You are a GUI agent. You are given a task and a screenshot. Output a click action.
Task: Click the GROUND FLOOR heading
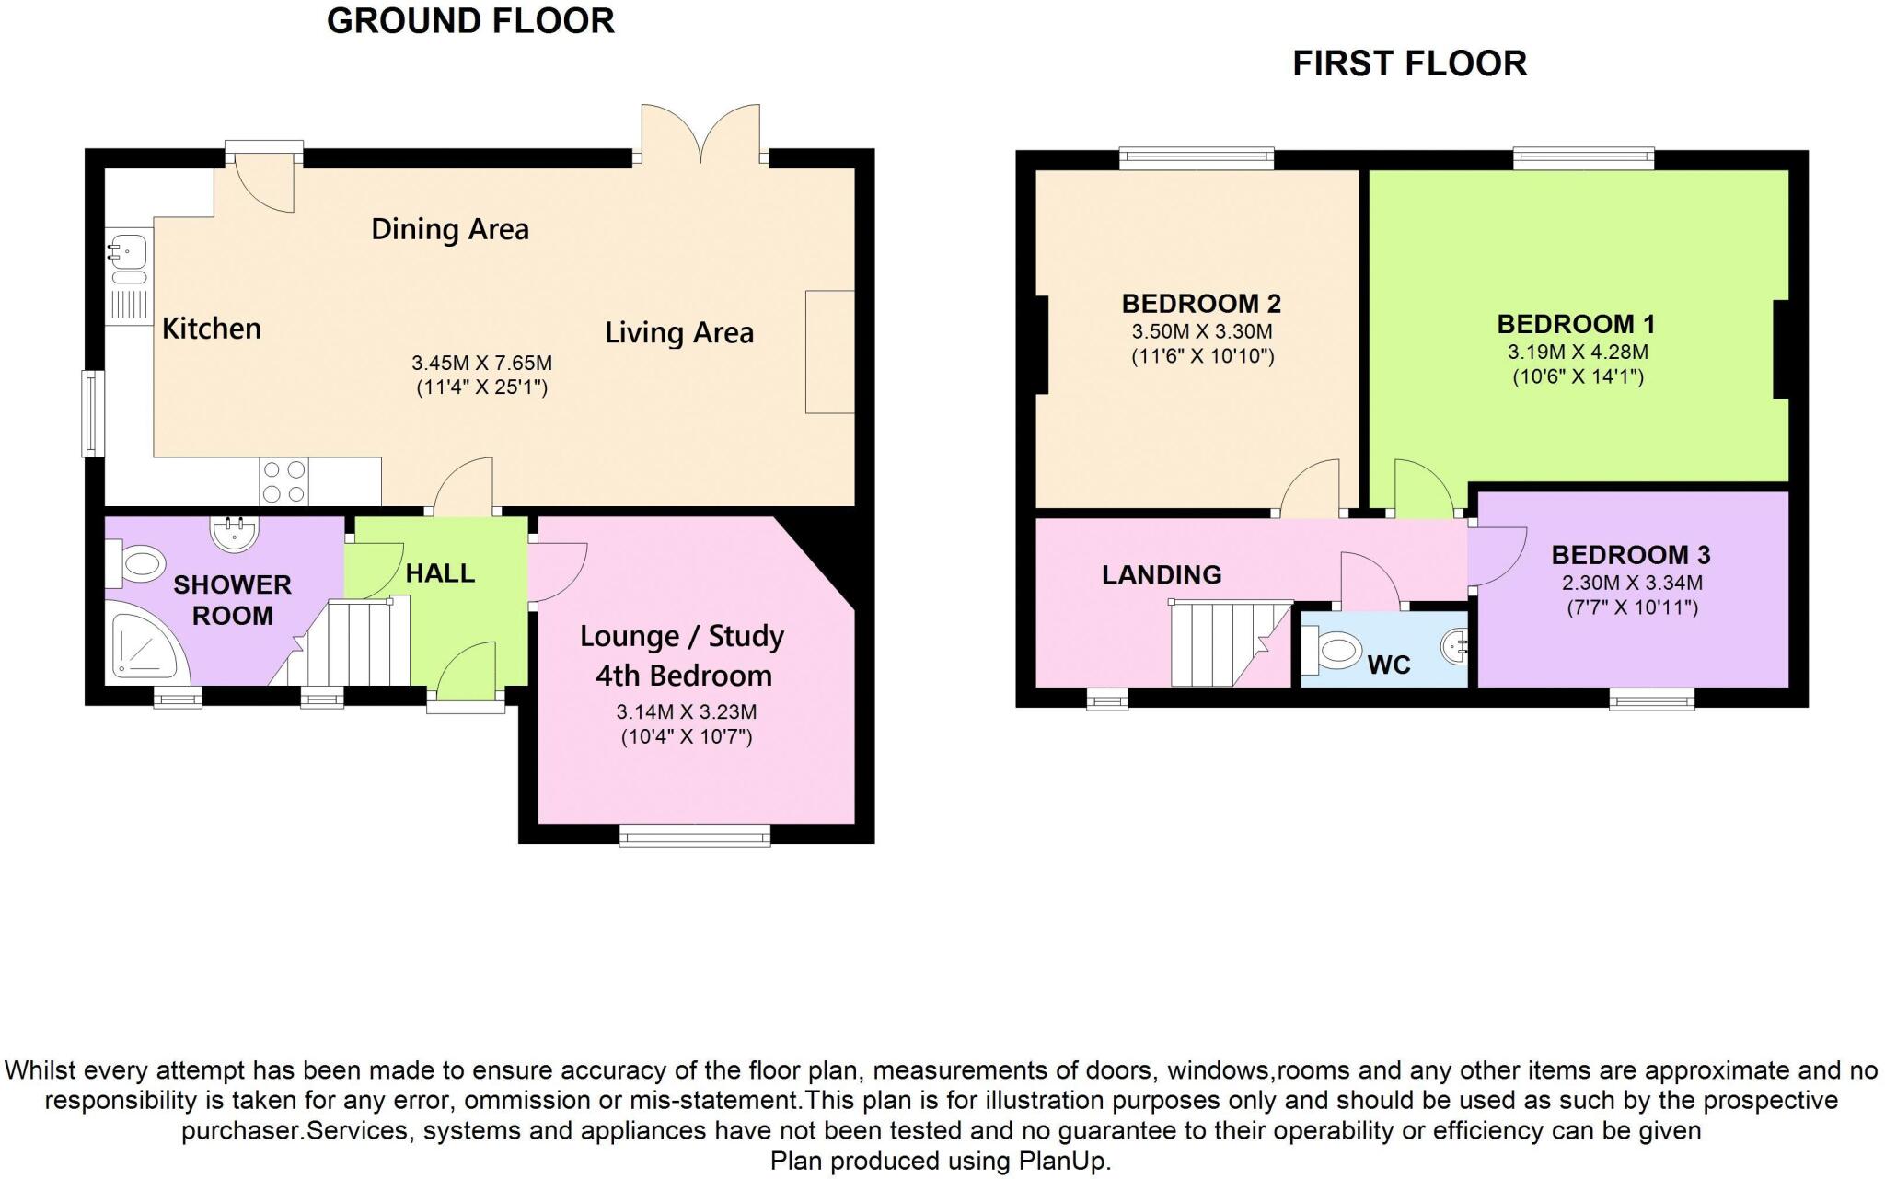click(x=470, y=21)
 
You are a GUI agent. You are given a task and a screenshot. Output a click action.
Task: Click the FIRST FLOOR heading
click(x=1409, y=64)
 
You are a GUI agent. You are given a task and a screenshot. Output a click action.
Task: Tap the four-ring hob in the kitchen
click(x=283, y=481)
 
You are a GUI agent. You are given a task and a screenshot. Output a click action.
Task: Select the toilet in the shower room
click(x=138, y=562)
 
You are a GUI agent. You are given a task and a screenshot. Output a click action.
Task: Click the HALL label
click(x=440, y=573)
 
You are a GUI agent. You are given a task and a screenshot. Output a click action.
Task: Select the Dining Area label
click(x=450, y=229)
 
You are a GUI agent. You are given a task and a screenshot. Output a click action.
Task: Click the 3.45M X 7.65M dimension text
click(x=481, y=364)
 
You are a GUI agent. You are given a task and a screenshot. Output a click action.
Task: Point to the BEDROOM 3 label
click(x=1630, y=555)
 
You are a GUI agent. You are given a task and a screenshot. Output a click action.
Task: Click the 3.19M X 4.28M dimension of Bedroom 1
click(x=1577, y=352)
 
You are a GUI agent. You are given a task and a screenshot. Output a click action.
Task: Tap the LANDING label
click(x=1162, y=575)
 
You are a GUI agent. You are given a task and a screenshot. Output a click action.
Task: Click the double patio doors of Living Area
click(x=701, y=138)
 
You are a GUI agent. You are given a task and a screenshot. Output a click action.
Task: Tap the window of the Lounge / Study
click(x=695, y=835)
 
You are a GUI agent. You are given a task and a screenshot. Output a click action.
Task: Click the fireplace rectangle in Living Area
click(x=829, y=352)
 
